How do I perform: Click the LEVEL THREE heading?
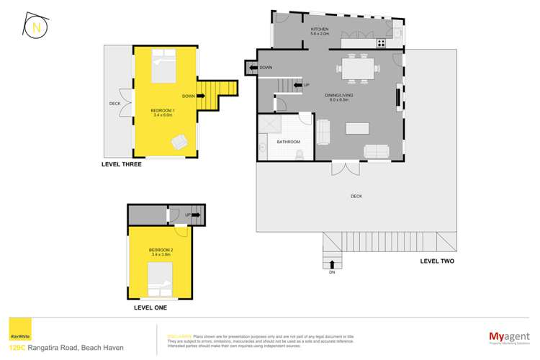tap(122, 165)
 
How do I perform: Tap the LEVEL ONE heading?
tap(150, 307)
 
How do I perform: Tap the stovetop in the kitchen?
tap(380, 43)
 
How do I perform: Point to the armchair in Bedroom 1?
tap(177, 142)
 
